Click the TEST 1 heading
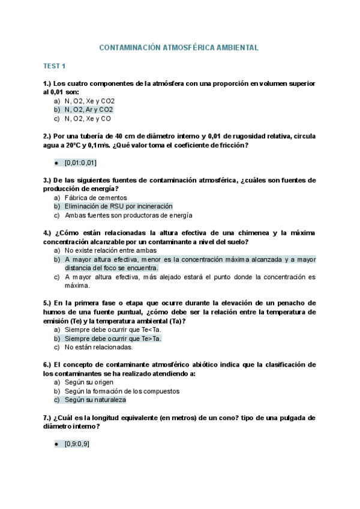pyautogui.click(x=55, y=66)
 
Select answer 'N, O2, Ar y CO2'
pyautogui.click(x=89, y=110)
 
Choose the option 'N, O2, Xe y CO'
pyautogui.click(x=88, y=119)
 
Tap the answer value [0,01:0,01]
pyautogui.click(x=81, y=163)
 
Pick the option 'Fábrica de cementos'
pyautogui.click(x=96, y=197)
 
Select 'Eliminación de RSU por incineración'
pyautogui.click(x=118, y=206)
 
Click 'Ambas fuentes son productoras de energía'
pyautogui.click(x=128, y=215)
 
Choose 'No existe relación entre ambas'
pyautogui.click(x=111, y=250)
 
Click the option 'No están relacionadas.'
pyautogui.click(x=99, y=347)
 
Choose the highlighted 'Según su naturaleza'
pyautogui.click(x=95, y=400)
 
